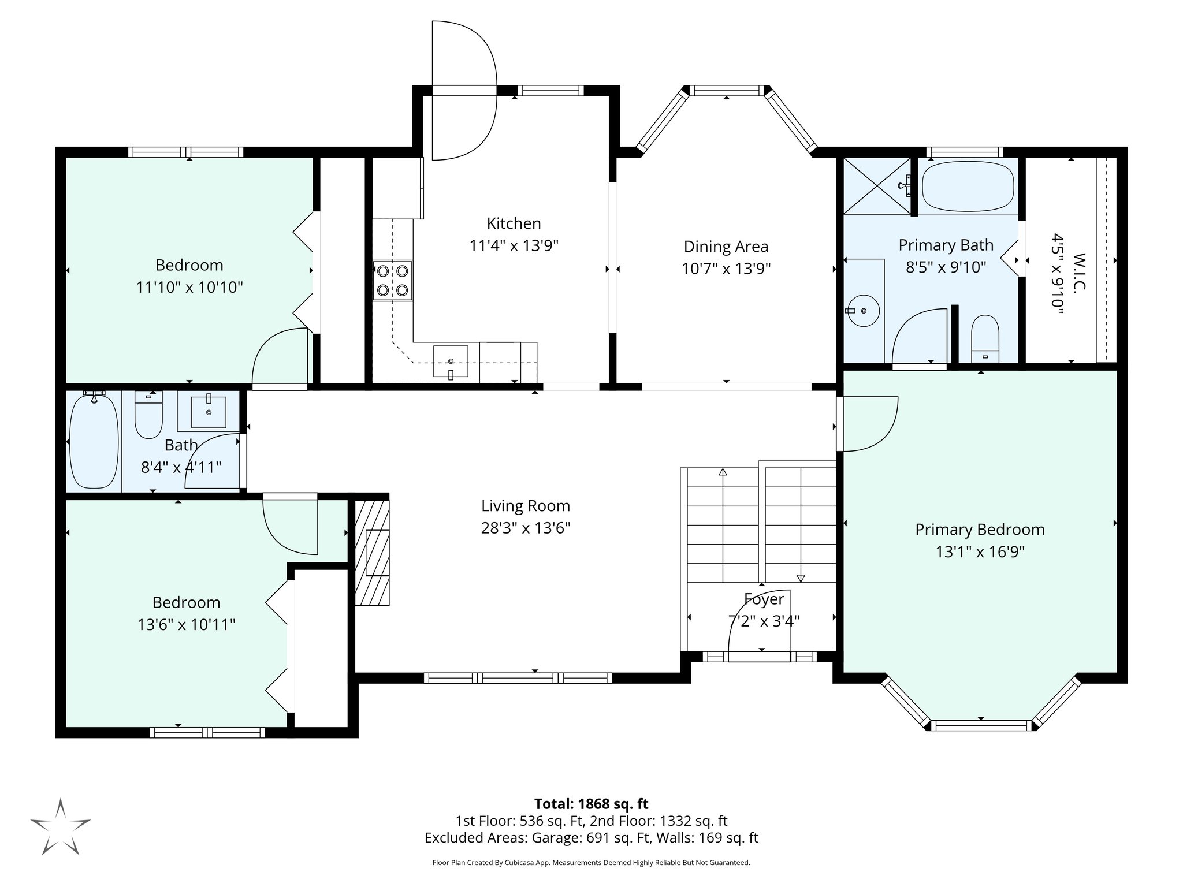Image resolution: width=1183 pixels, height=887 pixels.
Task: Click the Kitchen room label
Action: coord(514,223)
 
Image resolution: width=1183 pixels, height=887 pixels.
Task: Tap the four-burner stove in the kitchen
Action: coord(392,280)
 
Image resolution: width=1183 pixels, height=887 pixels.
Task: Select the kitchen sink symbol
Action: coord(451,362)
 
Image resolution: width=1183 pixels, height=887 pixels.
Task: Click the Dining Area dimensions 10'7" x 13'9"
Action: coord(726,269)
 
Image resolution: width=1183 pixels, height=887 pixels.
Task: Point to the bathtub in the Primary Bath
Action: coord(968,189)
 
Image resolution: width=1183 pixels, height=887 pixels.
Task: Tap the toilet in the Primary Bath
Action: coord(984,337)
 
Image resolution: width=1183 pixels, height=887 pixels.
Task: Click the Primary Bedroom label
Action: coord(980,530)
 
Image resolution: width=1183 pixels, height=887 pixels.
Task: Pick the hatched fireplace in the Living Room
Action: coord(372,553)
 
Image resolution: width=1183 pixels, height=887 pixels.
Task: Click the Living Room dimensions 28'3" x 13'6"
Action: coord(526,528)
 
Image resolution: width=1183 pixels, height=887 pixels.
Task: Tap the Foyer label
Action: coord(764,599)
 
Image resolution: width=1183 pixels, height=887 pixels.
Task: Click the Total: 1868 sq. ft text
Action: coord(591,804)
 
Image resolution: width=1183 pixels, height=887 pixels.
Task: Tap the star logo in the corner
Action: coord(61,826)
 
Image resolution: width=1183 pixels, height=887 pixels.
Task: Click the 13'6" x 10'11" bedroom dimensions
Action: coord(186,624)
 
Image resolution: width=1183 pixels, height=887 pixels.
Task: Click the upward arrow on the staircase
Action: coord(722,472)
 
